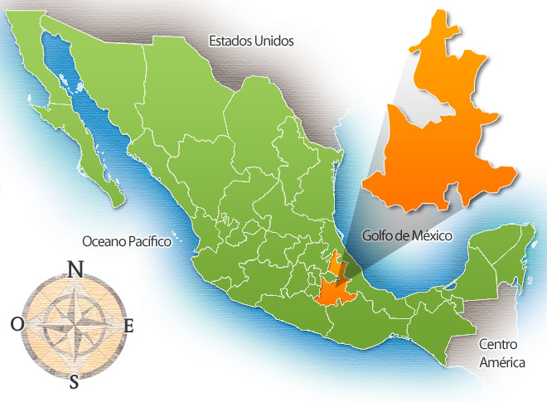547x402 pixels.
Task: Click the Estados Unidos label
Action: click(x=251, y=40)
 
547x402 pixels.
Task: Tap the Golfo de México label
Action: click(x=407, y=235)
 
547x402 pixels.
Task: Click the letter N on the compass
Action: click(x=75, y=269)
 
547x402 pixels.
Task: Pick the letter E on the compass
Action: click(x=128, y=326)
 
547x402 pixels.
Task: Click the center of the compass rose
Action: click(x=74, y=324)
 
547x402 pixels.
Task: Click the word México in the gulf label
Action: click(x=431, y=235)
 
